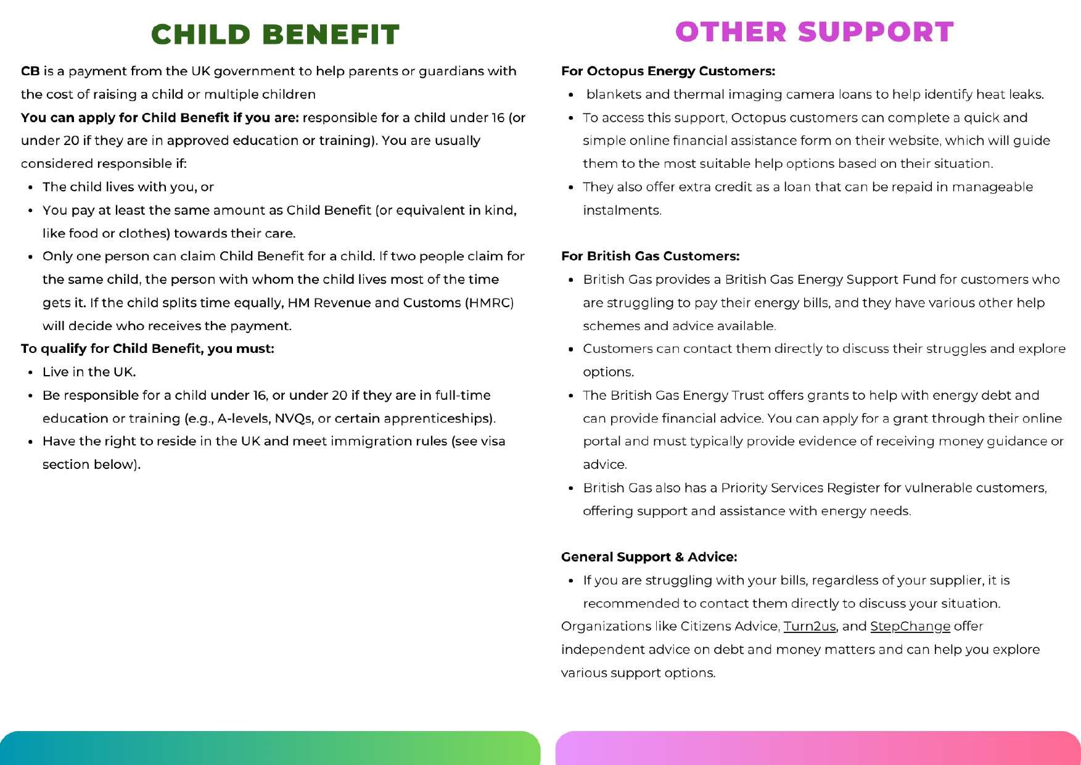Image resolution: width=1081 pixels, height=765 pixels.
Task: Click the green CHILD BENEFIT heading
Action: click(275, 35)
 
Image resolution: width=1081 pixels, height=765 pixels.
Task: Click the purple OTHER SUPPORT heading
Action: click(814, 32)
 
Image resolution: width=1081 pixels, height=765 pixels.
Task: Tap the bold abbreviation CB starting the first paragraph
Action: click(30, 71)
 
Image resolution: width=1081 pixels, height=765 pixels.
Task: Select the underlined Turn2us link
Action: click(809, 626)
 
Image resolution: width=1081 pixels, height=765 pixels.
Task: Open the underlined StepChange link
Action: click(910, 626)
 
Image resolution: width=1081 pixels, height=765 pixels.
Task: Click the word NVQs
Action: click(292, 418)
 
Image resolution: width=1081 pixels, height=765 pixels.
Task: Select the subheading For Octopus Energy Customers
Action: click(668, 71)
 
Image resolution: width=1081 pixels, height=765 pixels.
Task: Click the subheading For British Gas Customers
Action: click(650, 256)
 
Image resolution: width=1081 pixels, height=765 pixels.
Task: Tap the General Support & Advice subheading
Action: click(649, 557)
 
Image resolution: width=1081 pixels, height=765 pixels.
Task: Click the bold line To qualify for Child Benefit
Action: click(147, 349)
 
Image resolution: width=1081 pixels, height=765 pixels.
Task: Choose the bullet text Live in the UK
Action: click(89, 372)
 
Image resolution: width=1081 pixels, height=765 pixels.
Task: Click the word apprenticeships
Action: click(438, 418)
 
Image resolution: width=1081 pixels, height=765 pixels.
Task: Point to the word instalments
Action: click(622, 210)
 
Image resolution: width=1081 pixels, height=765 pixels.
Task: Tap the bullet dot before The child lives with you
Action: click(30, 187)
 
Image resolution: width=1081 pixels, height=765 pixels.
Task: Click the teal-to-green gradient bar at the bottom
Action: click(270, 748)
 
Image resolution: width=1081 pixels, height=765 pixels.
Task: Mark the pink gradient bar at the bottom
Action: click(818, 748)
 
